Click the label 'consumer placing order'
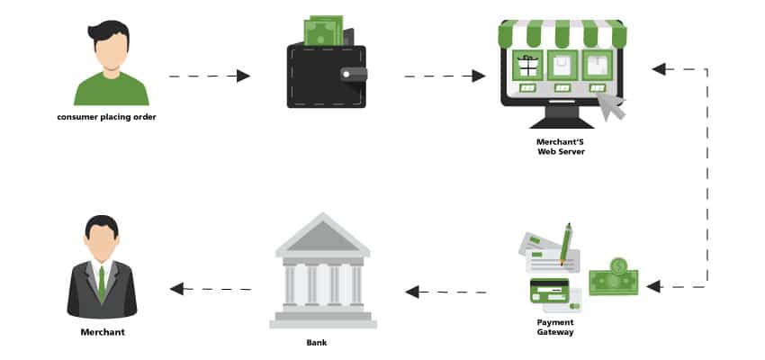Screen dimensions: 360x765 click(106, 117)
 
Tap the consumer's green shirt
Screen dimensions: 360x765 click(111, 90)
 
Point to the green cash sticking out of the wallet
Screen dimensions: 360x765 click(323, 31)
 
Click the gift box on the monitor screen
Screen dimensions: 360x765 click(527, 64)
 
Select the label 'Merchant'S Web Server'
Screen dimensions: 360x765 click(561, 147)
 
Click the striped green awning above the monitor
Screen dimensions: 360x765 click(562, 34)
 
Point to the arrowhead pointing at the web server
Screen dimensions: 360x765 click(658, 68)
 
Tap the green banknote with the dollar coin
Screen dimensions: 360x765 click(614, 277)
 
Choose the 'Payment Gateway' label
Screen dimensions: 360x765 click(555, 327)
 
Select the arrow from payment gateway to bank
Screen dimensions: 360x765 click(445, 292)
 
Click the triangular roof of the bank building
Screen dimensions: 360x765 click(322, 236)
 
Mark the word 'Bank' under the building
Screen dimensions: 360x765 click(318, 342)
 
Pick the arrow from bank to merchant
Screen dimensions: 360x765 click(211, 289)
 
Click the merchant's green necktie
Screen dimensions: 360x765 click(102, 283)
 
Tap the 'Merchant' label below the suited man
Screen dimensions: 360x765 click(102, 332)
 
